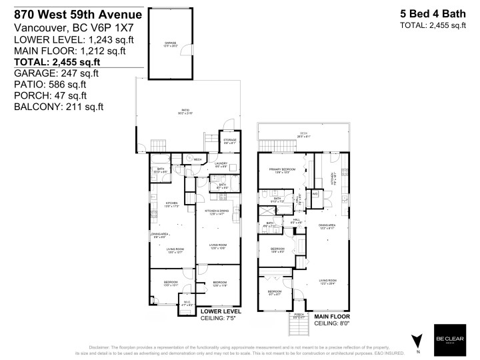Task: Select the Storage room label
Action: tap(229, 141)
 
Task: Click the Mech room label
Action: tap(198, 160)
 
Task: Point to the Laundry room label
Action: tap(221, 165)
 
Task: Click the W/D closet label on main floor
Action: tap(315, 194)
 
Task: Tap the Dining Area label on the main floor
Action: tap(326, 227)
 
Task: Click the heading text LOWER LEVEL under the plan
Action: tap(221, 311)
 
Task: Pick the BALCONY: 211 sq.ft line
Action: tap(59, 107)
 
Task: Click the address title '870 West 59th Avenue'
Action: tap(77, 14)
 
